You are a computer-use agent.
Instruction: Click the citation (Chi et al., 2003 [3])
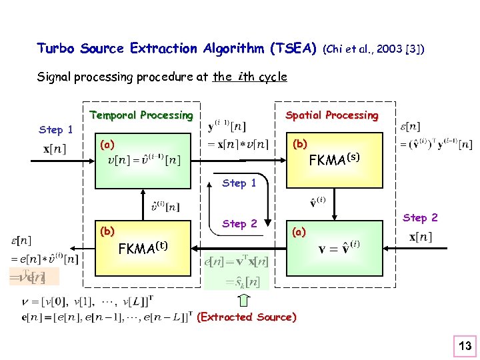pyautogui.click(x=373, y=49)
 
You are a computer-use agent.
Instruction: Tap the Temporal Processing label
pyautogui.click(x=141, y=115)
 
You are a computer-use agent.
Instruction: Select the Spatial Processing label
pyautogui.click(x=331, y=115)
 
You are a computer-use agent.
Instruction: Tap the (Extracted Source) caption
pyautogui.click(x=247, y=317)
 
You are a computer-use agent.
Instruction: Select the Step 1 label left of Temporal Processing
pyautogui.click(x=56, y=130)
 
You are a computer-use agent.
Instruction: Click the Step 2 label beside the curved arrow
pyautogui.click(x=239, y=224)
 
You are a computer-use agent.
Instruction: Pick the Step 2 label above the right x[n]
pyautogui.click(x=420, y=217)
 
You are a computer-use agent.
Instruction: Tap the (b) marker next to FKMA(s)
pyautogui.click(x=300, y=144)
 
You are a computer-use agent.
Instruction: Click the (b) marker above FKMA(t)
pyautogui.click(x=107, y=232)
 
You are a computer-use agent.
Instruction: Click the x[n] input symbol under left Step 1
pyautogui.click(x=55, y=149)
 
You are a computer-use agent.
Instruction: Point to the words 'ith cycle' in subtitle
pyautogui.click(x=261, y=77)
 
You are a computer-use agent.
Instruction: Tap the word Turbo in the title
pyautogui.click(x=56, y=49)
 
